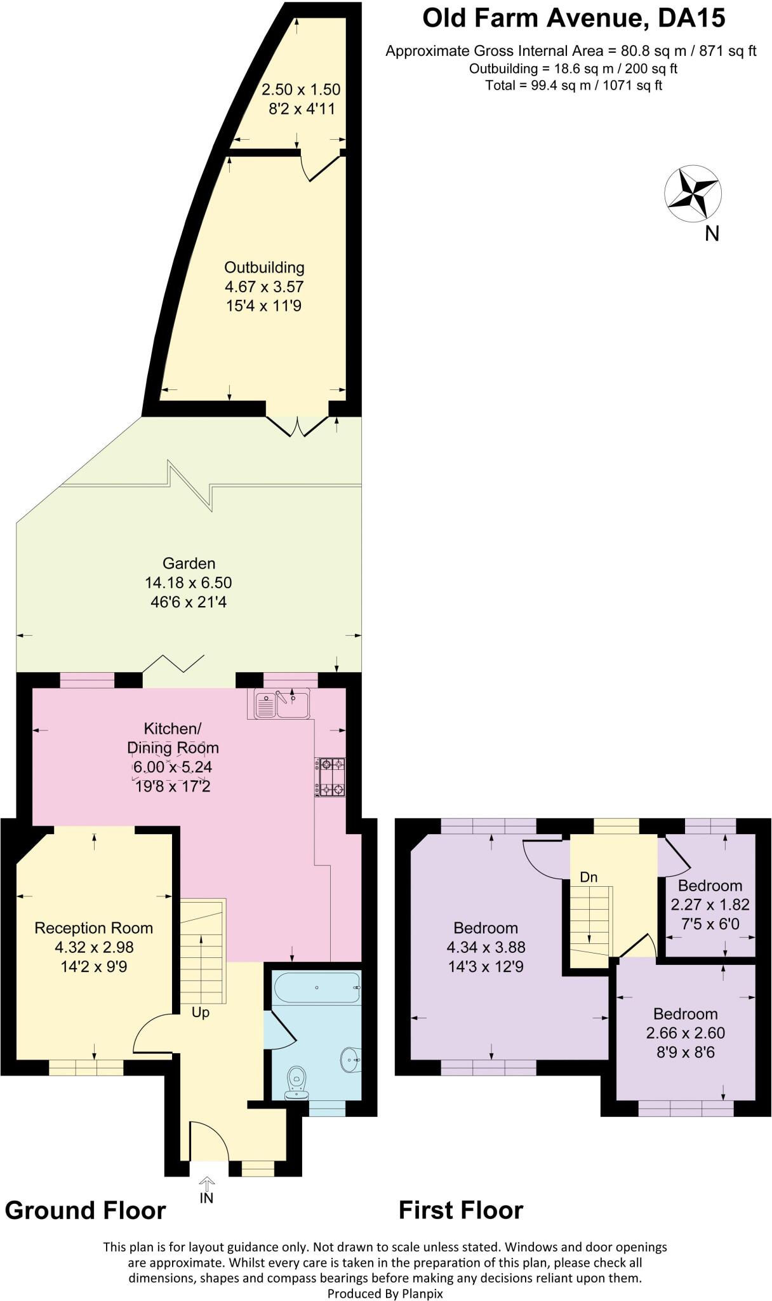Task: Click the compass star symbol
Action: click(692, 194)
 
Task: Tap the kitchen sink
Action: click(281, 704)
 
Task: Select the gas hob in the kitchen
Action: click(330, 777)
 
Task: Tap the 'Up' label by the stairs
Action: click(201, 1012)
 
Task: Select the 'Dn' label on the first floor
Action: click(589, 877)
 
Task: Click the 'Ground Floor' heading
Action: click(85, 1210)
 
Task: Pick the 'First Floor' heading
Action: click(460, 1210)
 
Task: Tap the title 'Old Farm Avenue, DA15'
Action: click(573, 19)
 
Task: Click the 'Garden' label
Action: click(189, 563)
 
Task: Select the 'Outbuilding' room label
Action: click(264, 267)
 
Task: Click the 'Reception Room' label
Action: click(93, 928)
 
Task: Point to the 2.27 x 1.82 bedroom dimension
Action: click(710, 905)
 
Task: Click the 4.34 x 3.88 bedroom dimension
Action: click(486, 947)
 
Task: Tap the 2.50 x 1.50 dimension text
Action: click(301, 90)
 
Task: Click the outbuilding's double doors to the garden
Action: click(297, 425)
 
